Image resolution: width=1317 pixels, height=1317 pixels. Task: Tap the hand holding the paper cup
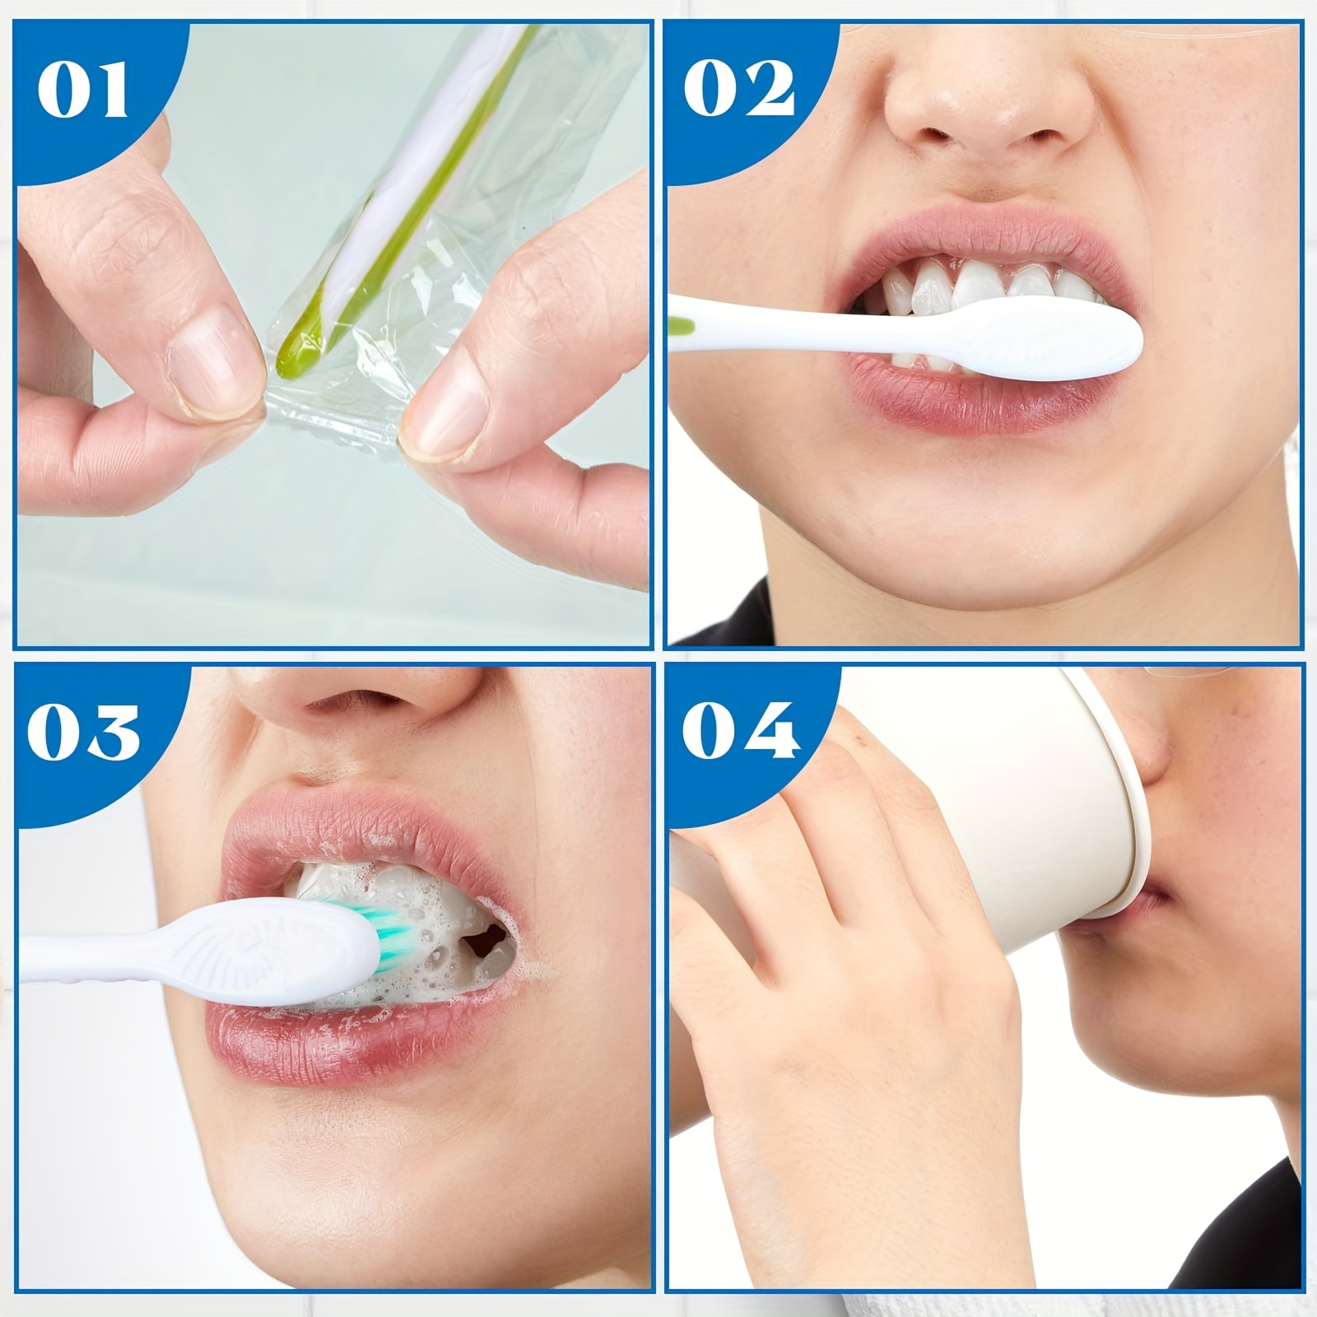840,971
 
